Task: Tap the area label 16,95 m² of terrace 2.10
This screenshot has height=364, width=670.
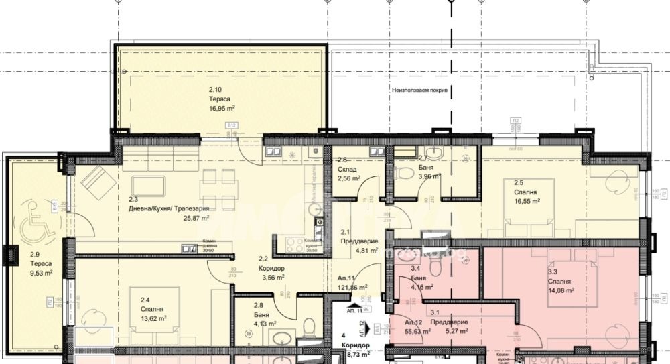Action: pyautogui.click(x=221, y=107)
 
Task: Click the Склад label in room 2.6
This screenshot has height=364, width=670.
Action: pyautogui.click(x=347, y=170)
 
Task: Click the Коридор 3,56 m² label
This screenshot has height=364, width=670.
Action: pyautogui.click(x=271, y=276)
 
